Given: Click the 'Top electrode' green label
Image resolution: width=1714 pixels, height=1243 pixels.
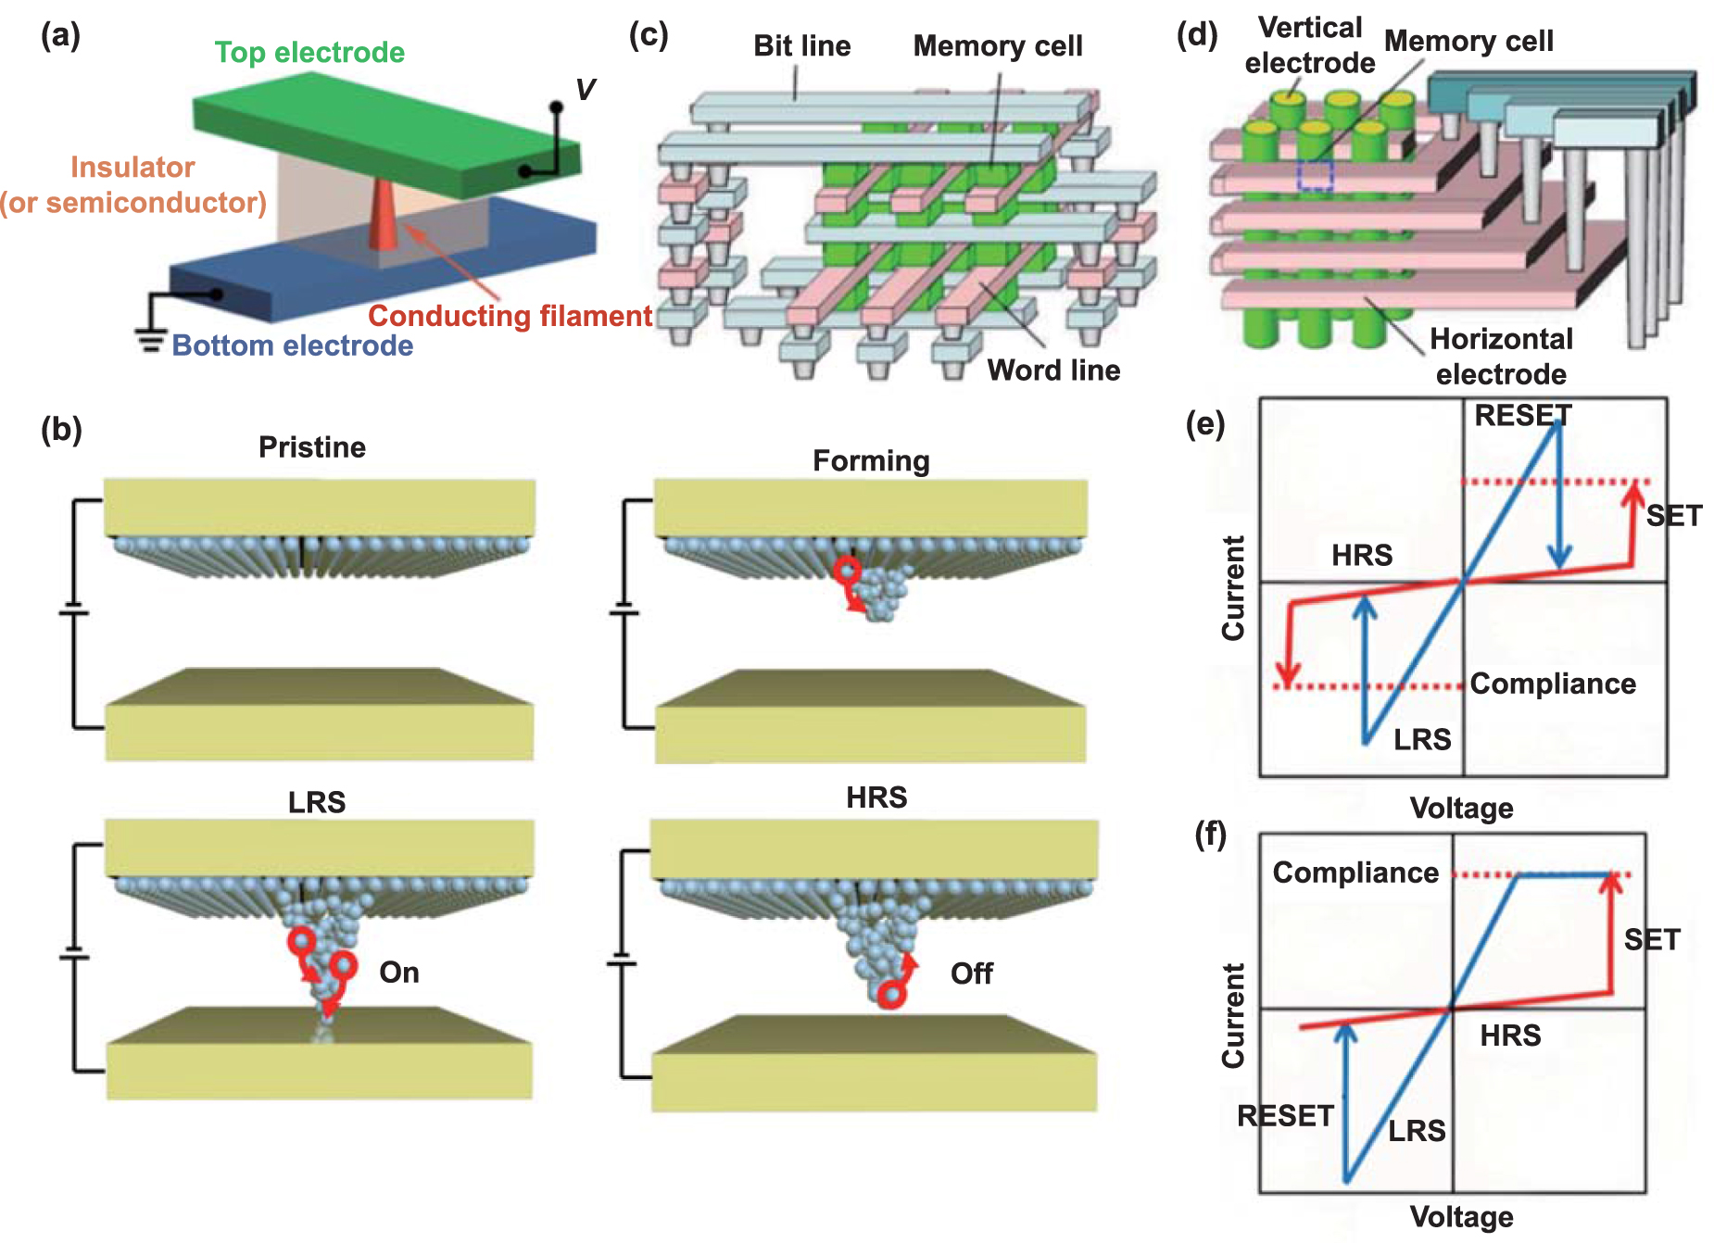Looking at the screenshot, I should [x=309, y=52].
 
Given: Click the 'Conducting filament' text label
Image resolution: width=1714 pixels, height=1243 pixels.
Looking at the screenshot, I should [x=510, y=316].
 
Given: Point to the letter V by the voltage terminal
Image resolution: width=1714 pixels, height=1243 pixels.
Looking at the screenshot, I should [x=585, y=90].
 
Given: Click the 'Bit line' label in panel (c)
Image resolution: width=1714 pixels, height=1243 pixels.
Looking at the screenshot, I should [x=801, y=45].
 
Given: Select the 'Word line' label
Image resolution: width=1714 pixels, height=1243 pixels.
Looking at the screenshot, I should [x=1053, y=370].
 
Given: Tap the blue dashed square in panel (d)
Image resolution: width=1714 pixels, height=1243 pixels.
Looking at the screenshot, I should [x=1315, y=175].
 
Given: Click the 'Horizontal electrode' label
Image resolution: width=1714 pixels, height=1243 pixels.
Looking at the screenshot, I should [x=1501, y=357].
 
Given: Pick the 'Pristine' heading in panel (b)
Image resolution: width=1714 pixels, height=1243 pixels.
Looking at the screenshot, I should [x=312, y=447].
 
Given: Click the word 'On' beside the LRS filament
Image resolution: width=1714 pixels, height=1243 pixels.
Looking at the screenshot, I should [x=399, y=973].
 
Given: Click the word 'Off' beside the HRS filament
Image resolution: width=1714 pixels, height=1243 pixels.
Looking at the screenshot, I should [x=971, y=973].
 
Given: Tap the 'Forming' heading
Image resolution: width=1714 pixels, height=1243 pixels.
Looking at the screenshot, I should [x=871, y=460].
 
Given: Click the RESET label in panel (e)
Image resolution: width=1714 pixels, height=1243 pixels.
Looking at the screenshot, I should [x=1522, y=416].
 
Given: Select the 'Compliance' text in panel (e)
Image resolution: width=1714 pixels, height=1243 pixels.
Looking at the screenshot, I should [x=1553, y=684].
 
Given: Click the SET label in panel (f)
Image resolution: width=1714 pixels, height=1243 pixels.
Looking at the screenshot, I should [x=1652, y=940].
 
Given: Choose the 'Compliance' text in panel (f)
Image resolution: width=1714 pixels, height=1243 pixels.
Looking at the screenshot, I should [x=1355, y=873].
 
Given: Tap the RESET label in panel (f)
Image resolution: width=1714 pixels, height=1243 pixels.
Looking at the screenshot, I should [x=1285, y=1116].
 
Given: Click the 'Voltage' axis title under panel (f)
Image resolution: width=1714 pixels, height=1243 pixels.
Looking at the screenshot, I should [x=1461, y=1216].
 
